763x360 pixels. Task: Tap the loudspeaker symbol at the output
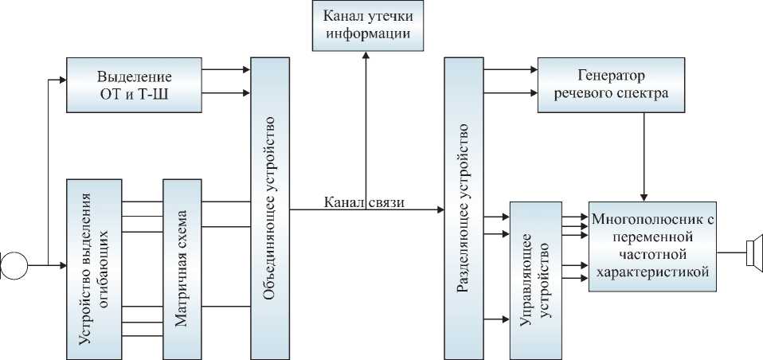pyautogui.click(x=753, y=253)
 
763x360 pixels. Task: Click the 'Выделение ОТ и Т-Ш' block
pyautogui.click(x=135, y=85)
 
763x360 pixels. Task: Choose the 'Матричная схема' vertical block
pyautogui.click(x=182, y=268)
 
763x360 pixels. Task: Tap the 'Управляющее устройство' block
pyautogui.click(x=535, y=280)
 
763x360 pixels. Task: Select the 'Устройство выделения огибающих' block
pyautogui.click(x=93, y=268)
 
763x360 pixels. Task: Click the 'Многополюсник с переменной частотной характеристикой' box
pyautogui.click(x=651, y=245)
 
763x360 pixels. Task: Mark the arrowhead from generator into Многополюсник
pyautogui.click(x=644, y=197)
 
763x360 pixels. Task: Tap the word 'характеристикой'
pyautogui.click(x=651, y=272)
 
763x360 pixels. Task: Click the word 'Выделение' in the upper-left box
pyautogui.click(x=135, y=76)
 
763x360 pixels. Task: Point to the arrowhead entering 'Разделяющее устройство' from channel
pyautogui.click(x=440, y=209)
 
